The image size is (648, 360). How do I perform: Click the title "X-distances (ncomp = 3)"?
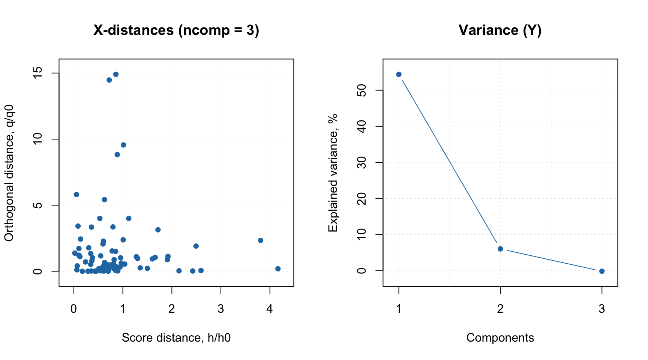click(176, 30)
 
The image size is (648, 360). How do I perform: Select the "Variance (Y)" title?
click(500, 30)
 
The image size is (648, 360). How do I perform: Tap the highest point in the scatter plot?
click(116, 74)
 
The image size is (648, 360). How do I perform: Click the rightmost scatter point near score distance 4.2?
click(278, 269)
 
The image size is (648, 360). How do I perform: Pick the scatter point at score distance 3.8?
click(261, 240)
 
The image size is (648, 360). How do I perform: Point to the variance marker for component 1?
click(399, 74)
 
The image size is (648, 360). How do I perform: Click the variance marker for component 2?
click(500, 249)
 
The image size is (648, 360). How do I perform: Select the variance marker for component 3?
click(602, 271)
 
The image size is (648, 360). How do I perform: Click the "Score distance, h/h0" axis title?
click(176, 338)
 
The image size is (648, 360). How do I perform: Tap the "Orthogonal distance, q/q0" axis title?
click(9, 173)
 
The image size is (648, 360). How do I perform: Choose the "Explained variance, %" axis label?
click(333, 173)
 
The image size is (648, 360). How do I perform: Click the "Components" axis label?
click(500, 338)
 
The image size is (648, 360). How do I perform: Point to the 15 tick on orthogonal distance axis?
click(37, 73)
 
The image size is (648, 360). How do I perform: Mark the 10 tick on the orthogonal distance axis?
click(37, 139)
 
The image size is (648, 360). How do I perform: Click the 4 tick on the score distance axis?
click(270, 309)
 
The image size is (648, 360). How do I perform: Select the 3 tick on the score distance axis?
click(221, 309)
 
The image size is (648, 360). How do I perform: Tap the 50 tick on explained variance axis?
click(362, 90)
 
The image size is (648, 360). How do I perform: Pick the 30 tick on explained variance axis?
click(362, 162)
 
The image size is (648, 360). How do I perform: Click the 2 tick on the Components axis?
click(500, 309)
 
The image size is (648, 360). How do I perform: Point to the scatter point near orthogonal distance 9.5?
click(123, 145)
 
